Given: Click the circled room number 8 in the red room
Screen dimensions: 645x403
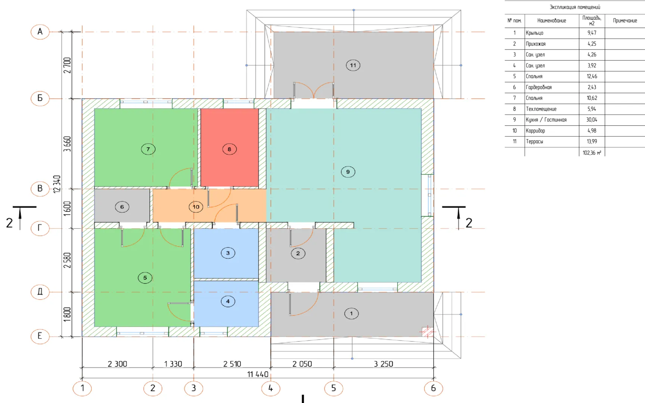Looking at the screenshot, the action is (x=229, y=149).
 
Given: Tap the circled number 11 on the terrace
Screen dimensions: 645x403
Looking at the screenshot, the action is (x=353, y=65).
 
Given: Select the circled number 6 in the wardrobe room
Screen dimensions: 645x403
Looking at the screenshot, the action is (x=122, y=207).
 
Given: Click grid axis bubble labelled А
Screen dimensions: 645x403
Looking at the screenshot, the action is (x=40, y=32).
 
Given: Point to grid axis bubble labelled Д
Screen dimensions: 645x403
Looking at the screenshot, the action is (x=40, y=292).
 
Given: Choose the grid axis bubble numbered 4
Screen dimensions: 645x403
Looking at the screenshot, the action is (x=271, y=388).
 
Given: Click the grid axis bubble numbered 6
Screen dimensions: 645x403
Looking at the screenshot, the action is (x=433, y=388).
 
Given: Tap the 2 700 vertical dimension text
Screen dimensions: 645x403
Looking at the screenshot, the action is (x=67, y=65).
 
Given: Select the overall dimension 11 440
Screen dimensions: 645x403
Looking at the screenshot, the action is (x=258, y=374).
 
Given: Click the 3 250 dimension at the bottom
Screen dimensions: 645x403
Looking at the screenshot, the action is (x=384, y=364).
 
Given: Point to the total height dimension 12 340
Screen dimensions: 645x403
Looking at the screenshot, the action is (x=57, y=184).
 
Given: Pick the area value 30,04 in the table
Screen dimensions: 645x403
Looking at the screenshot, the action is (x=592, y=120).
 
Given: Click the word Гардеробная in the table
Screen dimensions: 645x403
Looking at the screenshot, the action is (x=539, y=87).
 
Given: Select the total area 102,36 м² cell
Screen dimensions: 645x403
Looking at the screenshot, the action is (x=592, y=153).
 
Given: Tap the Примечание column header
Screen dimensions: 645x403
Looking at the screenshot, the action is (x=625, y=21).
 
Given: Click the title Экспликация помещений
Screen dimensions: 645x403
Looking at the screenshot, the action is (x=575, y=7).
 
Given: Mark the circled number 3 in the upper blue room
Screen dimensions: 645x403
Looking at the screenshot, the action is (x=228, y=253).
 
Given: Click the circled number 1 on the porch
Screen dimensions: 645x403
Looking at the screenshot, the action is (x=351, y=313).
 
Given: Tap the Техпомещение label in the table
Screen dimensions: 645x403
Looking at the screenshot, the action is (x=541, y=109).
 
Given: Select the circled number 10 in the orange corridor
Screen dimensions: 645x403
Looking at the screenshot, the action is (x=196, y=207).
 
